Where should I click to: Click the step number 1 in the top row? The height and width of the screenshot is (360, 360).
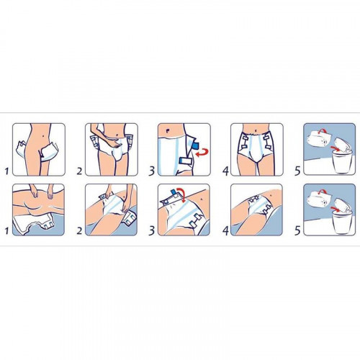point(6,171)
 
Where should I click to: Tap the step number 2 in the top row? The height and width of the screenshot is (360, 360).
point(79,171)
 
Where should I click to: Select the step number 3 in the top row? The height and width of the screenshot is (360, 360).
point(152,171)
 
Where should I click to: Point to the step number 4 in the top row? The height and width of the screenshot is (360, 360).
point(225,171)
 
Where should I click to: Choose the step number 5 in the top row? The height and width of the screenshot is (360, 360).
point(297,171)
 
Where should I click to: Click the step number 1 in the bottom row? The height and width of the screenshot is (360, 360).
point(6,231)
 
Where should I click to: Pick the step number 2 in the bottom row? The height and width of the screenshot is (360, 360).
point(79,231)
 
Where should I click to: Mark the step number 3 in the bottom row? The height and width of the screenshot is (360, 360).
point(152,231)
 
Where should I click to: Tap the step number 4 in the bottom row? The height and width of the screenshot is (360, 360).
point(225,231)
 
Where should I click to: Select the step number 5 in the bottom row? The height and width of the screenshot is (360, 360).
point(297,231)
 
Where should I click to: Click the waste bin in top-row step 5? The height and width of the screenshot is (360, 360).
point(341,161)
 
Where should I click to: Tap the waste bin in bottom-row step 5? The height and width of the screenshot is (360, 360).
point(341,221)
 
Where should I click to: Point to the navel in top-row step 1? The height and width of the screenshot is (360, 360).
point(42,136)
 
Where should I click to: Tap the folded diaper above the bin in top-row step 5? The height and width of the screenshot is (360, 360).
point(343,145)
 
